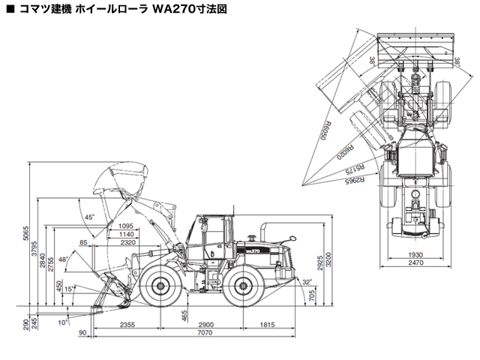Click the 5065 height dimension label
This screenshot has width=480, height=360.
coord(25,233)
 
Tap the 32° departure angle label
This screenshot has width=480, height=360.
coord(307,283)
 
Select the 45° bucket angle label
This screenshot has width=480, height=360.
coord(90,217)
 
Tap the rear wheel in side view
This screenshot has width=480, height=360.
coord(244,286)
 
